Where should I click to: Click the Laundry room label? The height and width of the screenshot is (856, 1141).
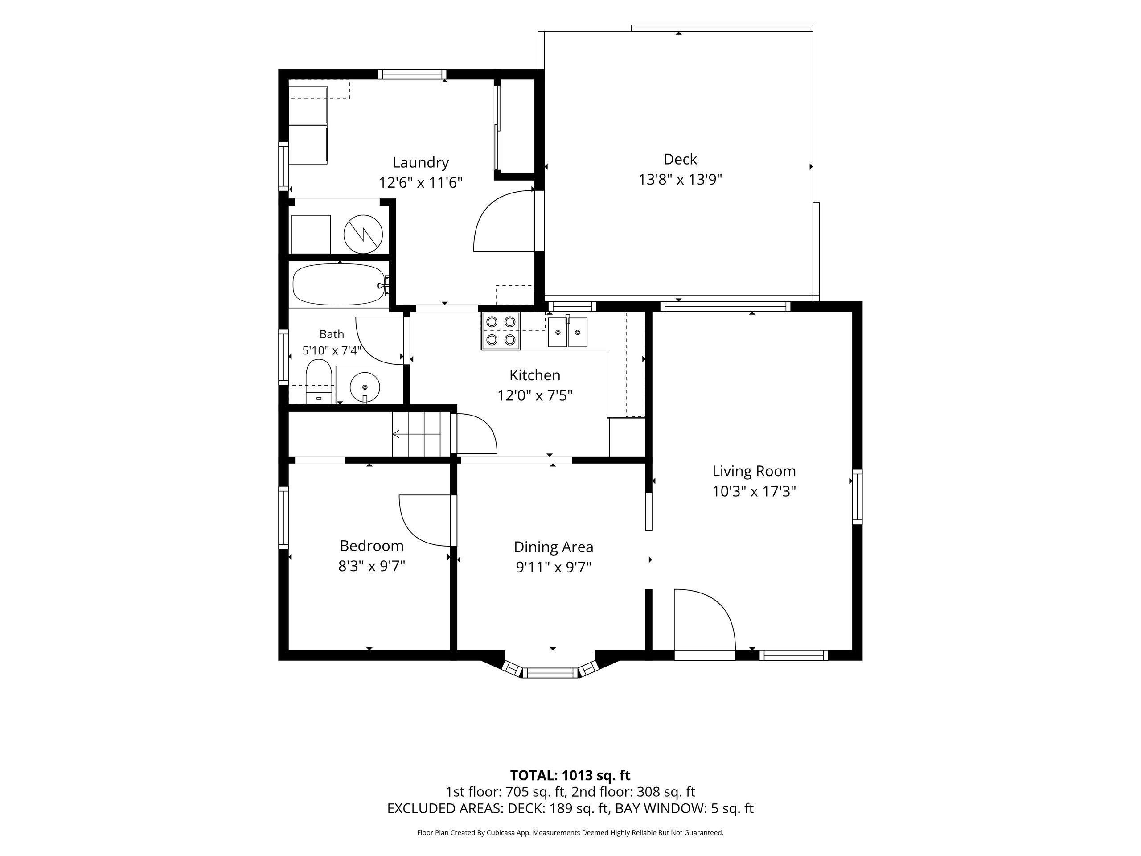point(420,163)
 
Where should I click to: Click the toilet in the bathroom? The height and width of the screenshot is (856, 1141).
point(318,382)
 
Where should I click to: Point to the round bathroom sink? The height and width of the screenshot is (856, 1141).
point(365,387)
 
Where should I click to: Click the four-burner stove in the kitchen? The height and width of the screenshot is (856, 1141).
point(501,331)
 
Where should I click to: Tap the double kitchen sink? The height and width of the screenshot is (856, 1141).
point(567,332)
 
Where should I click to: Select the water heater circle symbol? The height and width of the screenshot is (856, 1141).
point(363,234)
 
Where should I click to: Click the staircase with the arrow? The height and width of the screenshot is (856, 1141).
point(417,434)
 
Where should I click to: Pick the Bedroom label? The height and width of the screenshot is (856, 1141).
point(371,545)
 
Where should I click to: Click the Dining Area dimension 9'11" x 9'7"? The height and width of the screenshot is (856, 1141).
point(554,567)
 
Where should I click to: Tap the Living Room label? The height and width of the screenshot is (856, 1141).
point(754,471)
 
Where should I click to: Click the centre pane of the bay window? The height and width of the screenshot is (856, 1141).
point(551,672)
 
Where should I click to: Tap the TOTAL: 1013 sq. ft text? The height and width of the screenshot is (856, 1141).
point(570,775)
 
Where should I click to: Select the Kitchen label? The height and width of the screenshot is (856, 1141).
point(535,375)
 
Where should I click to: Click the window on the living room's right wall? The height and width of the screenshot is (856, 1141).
point(857,496)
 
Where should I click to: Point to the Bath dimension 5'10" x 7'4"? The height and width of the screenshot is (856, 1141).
point(332,351)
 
